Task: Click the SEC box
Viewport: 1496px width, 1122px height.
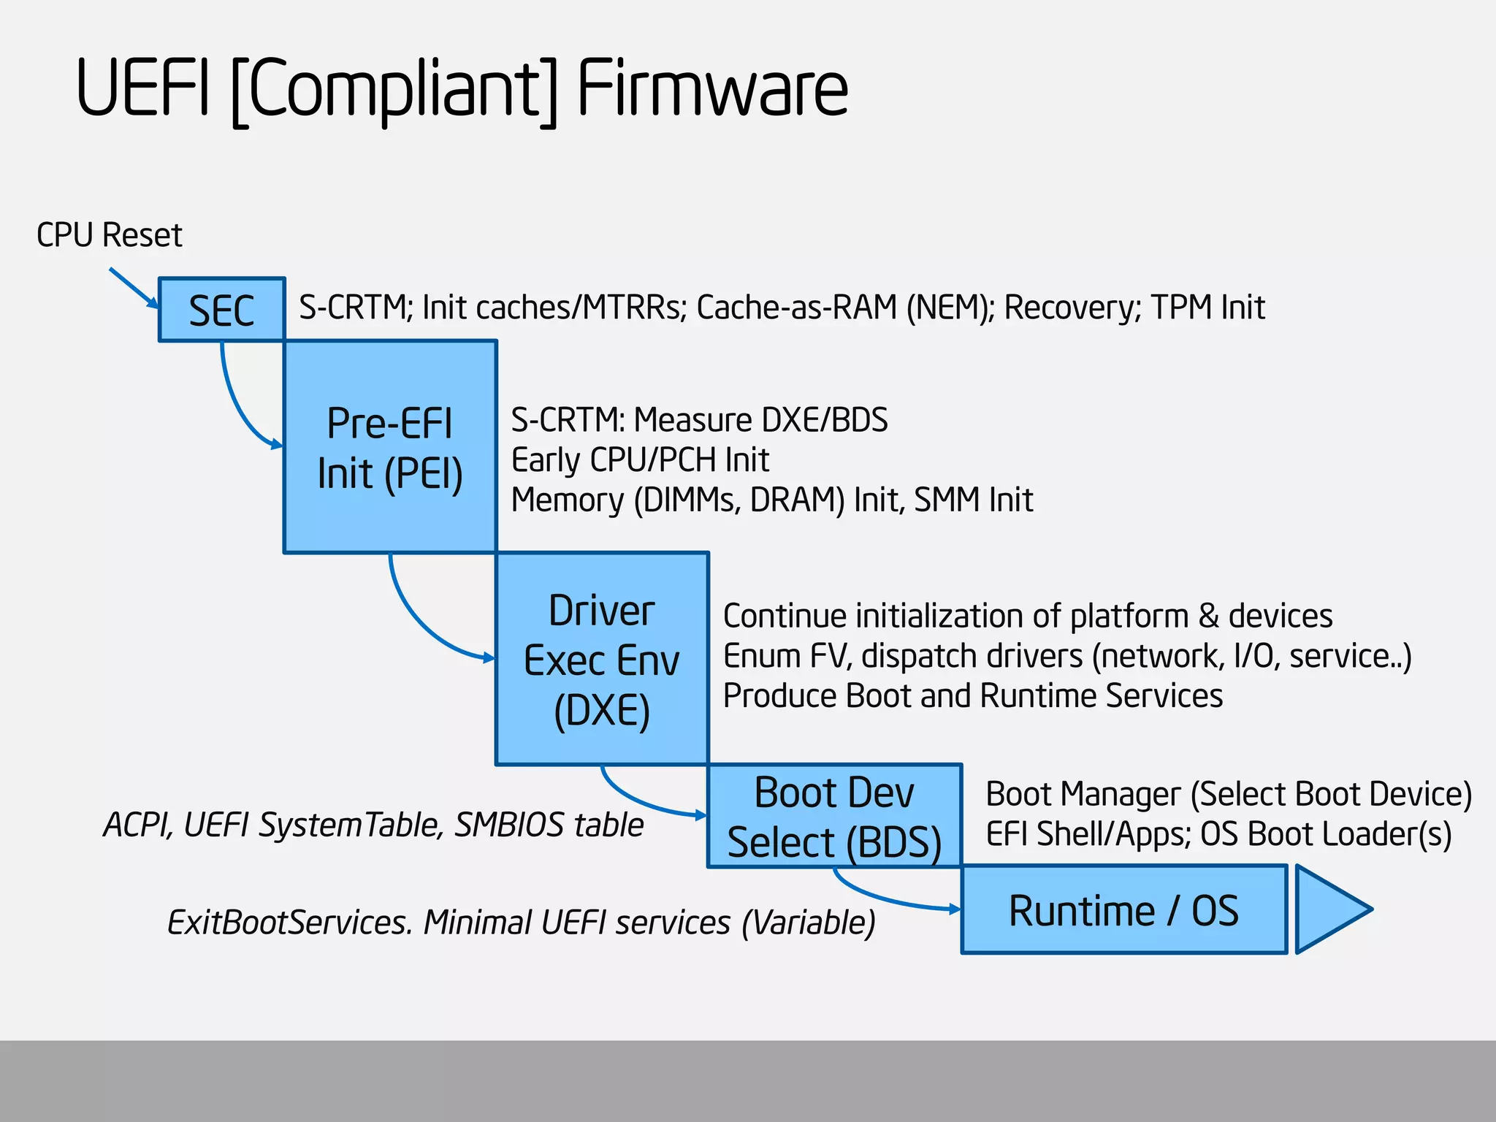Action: (221, 310)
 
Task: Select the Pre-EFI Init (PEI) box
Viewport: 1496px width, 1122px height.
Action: (390, 447)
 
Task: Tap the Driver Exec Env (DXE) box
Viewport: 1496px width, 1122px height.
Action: (602, 659)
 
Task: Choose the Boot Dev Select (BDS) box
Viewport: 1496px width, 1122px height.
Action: (834, 817)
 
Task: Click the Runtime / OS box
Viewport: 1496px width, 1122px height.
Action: (1123, 910)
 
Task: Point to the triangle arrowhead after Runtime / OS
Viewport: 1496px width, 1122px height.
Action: (1328, 909)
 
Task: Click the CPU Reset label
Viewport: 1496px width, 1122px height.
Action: (110, 235)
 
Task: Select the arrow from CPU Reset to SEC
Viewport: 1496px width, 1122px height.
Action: (133, 288)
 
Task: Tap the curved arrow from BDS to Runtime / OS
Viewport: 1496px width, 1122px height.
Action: (877, 898)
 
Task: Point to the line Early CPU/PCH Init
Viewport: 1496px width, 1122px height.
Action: (640, 460)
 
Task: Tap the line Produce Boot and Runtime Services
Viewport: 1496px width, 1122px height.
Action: (972, 695)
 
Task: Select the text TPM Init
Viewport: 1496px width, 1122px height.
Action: (1207, 308)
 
